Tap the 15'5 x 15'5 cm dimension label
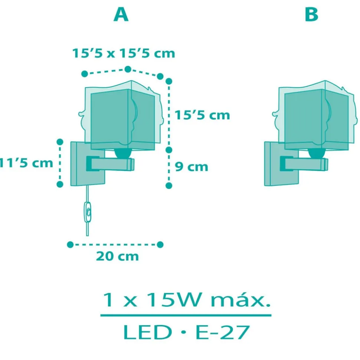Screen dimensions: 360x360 (x=123, y=53)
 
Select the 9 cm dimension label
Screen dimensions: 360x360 (x=192, y=167)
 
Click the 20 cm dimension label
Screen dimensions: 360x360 (x=117, y=256)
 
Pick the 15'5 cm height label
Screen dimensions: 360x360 (x=203, y=115)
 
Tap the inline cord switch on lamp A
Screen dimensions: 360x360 (x=88, y=212)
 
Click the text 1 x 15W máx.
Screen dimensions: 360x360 (x=186, y=301)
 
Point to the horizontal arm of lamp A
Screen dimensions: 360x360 (x=111, y=164)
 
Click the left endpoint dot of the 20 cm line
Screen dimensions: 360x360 (x=70, y=244)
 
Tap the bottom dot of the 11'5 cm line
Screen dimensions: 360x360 (x=59, y=184)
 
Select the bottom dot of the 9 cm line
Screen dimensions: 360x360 (x=169, y=185)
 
